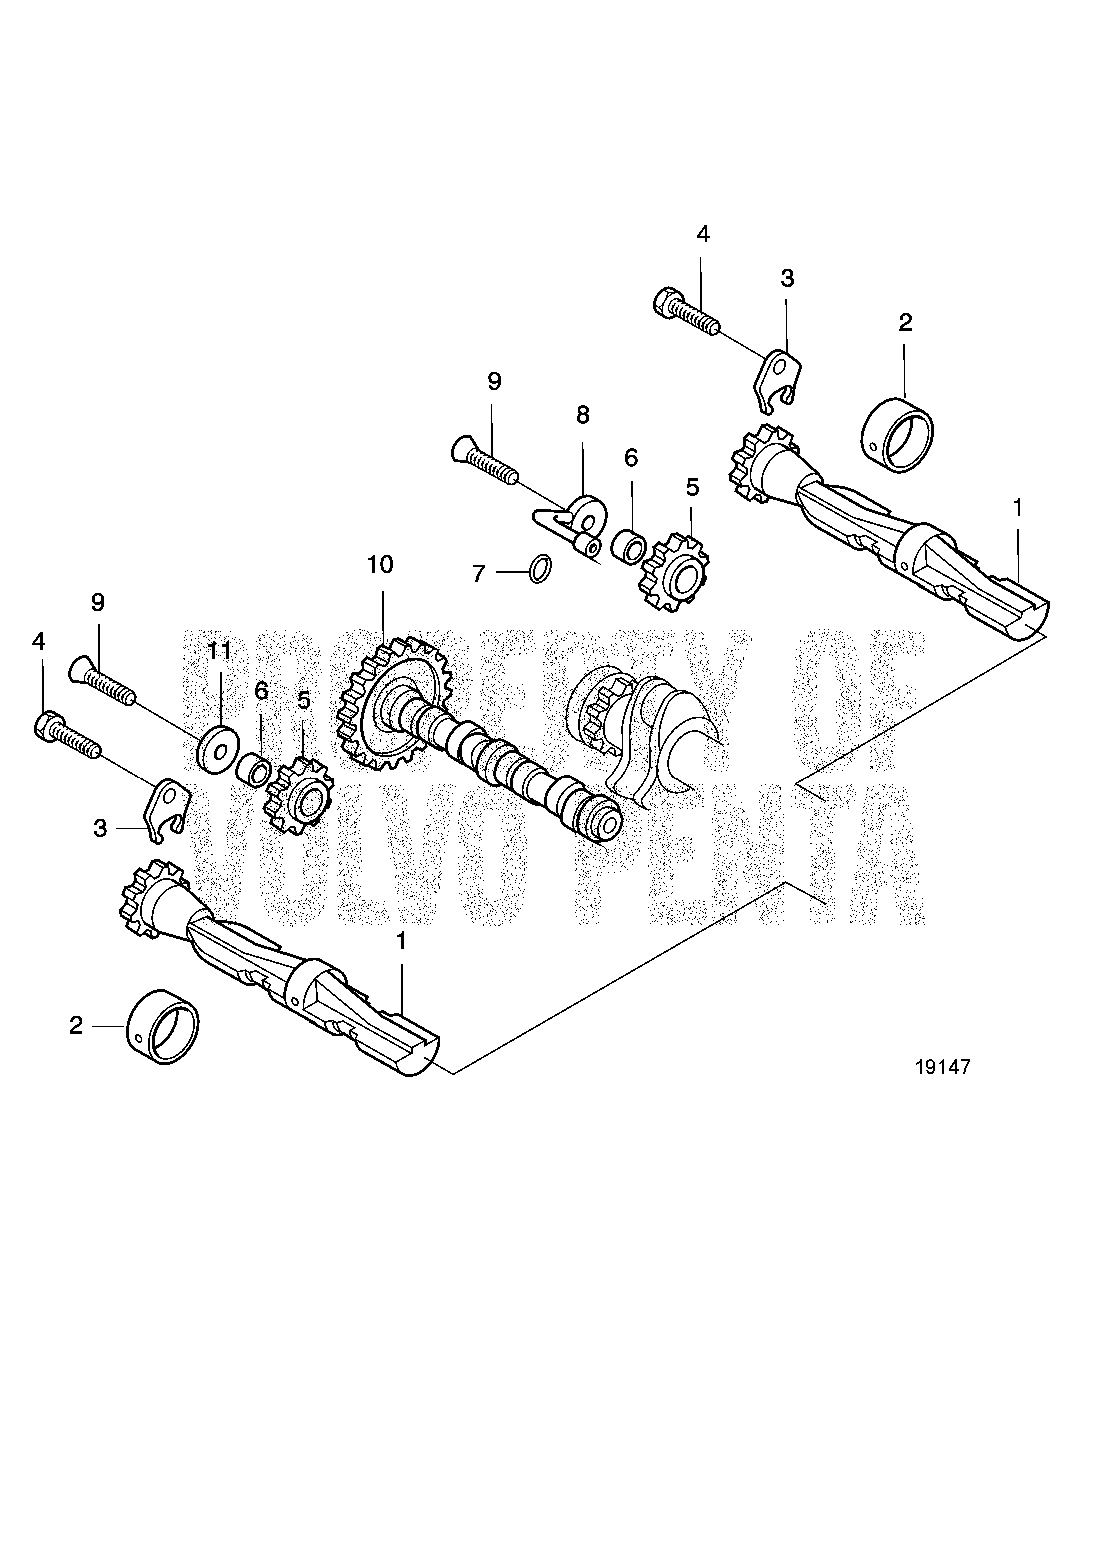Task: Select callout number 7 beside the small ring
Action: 478,574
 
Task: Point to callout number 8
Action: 583,415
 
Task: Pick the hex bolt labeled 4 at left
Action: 66,733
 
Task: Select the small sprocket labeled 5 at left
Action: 300,795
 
